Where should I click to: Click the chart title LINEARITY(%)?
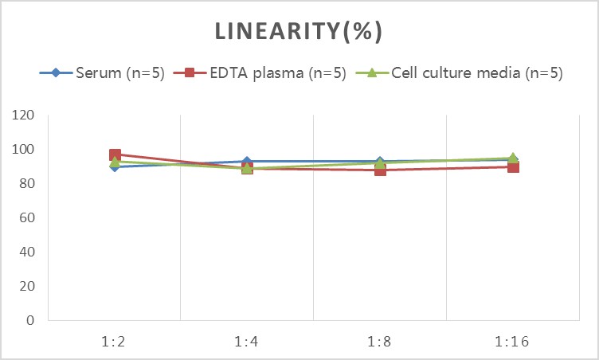(299, 32)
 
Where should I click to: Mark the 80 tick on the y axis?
(25, 184)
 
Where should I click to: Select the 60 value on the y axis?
(25, 218)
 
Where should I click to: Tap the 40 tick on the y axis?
(25, 252)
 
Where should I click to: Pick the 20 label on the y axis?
(25, 287)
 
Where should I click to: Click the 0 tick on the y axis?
(29, 321)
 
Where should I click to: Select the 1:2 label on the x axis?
(114, 342)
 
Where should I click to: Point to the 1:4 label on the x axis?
(247, 342)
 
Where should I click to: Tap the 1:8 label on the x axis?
(380, 342)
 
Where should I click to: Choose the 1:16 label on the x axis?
(513, 342)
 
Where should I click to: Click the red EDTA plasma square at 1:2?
(115, 155)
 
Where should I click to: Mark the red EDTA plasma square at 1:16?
(513, 167)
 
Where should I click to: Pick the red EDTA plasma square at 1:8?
(380, 170)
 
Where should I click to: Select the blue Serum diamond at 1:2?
(115, 166)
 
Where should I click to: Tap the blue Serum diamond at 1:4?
(248, 162)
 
